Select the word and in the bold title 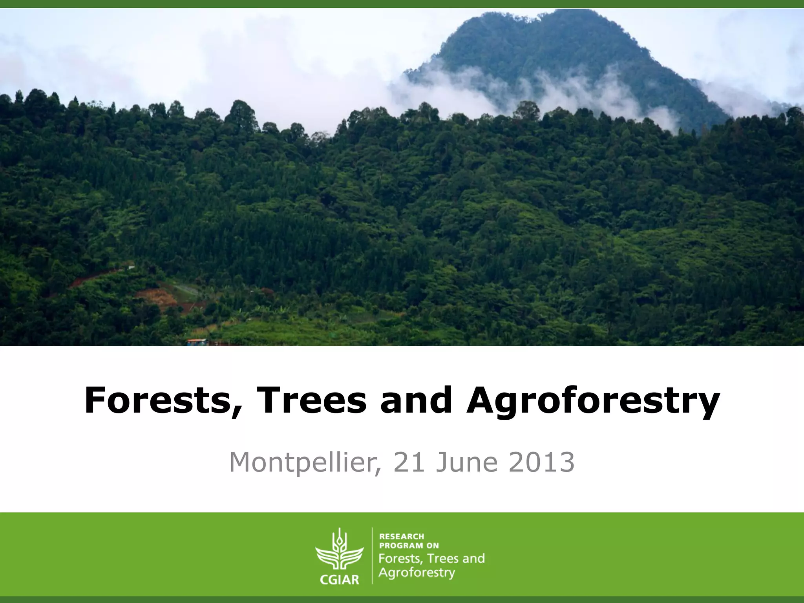(416, 400)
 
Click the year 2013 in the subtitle (541, 462)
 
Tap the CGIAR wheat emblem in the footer (339, 550)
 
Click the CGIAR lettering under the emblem (339, 579)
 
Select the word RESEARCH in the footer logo (402, 536)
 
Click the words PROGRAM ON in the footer (409, 546)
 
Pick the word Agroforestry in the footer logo (417, 573)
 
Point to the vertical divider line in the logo (372, 555)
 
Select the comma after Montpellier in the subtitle (378, 471)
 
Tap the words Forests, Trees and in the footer (431, 558)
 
